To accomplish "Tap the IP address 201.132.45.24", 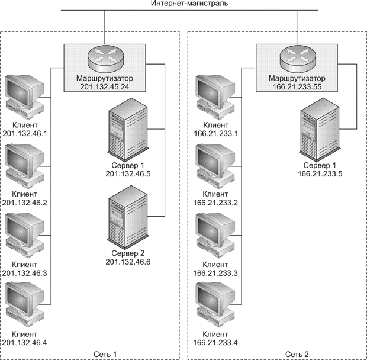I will point(104,86).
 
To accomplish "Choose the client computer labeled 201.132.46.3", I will point(24,233).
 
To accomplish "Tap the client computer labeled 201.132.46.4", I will point(24,303).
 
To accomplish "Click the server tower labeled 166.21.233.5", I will point(320,131).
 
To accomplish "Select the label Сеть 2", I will point(297,354).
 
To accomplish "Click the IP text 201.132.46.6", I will point(128,261).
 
